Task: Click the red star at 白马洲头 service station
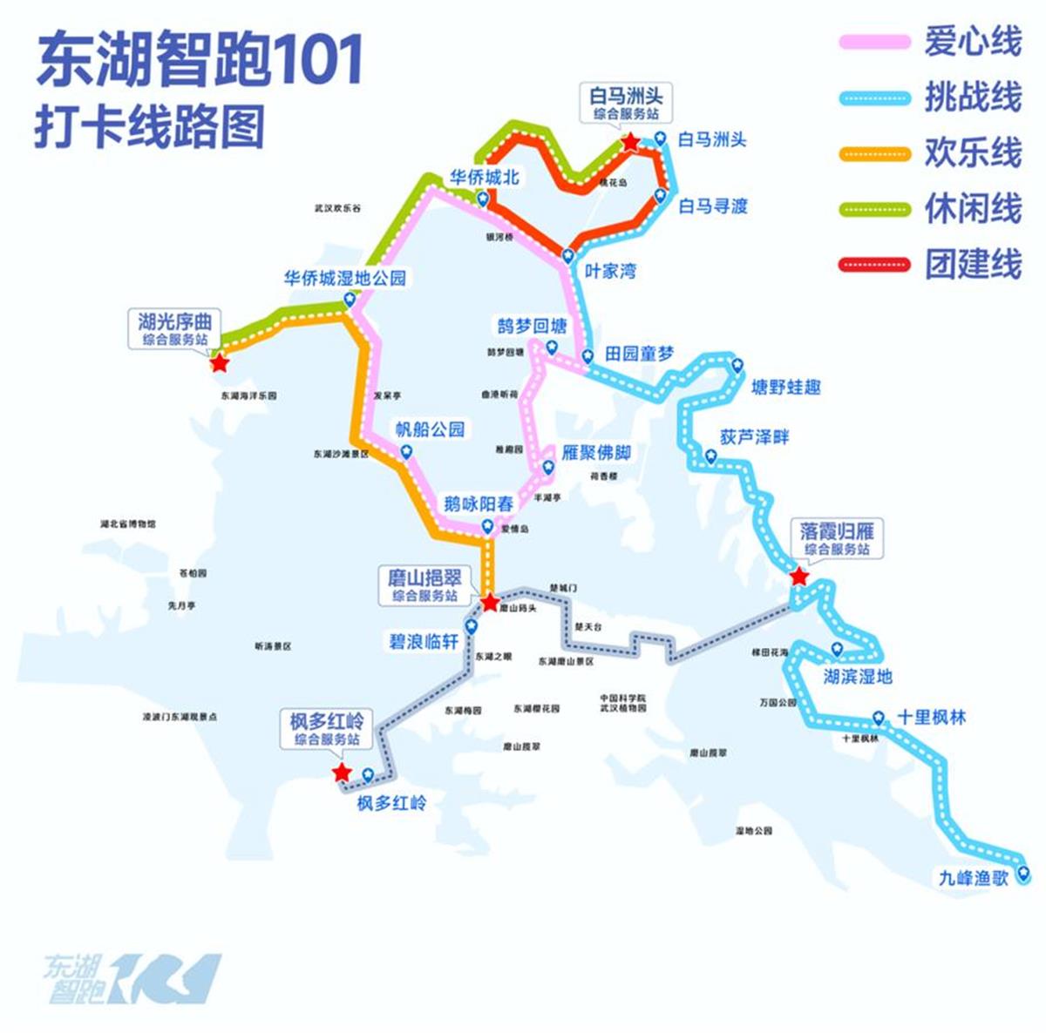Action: pos(629,143)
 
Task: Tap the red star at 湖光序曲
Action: pos(219,362)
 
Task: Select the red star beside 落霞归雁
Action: pos(798,577)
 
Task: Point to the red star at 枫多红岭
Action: pos(342,773)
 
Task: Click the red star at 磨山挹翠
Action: pos(490,602)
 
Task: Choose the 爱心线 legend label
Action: pos(973,41)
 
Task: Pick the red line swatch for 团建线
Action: pos(874,264)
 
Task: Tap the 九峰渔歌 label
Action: pos(973,878)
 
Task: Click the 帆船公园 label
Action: pos(430,429)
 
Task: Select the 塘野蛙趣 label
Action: pos(785,387)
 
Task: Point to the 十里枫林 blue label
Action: pos(931,718)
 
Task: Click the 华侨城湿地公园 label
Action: pos(344,279)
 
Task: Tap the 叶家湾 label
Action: pos(609,271)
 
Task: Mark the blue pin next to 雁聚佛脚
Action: pos(547,468)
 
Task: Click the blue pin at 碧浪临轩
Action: pos(471,625)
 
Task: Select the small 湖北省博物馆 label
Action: pos(128,524)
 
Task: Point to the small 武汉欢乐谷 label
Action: pos(337,209)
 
